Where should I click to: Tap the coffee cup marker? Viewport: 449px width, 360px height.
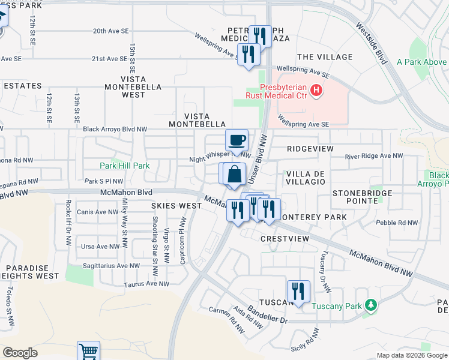click(x=237, y=140)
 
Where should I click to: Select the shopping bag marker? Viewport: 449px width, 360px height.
click(x=235, y=174)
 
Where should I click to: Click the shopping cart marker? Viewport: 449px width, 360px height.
click(x=88, y=352)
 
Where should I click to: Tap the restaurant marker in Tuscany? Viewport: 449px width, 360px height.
click(x=298, y=291)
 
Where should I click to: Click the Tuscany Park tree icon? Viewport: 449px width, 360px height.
click(x=372, y=305)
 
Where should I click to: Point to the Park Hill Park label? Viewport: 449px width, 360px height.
click(x=125, y=165)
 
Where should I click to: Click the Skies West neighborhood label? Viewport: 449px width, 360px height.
click(x=176, y=206)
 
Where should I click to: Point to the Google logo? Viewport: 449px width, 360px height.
click(x=20, y=353)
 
